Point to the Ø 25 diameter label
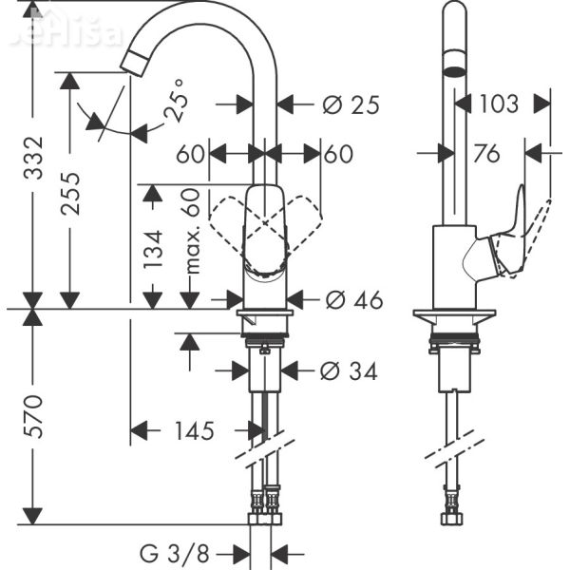351,104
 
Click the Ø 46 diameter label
352,300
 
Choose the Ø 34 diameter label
350,371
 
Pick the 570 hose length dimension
34,416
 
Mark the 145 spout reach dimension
194,430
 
